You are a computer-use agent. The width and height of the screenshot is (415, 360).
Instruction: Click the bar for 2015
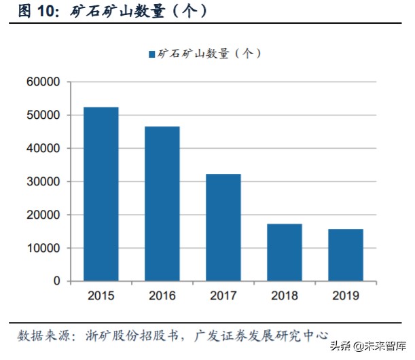[101, 194]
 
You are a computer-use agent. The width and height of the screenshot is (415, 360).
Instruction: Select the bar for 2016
[162, 204]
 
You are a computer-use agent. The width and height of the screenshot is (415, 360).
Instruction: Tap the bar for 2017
[223, 228]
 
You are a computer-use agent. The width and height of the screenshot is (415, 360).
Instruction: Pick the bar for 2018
[284, 253]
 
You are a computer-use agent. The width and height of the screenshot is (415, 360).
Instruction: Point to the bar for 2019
[345, 255]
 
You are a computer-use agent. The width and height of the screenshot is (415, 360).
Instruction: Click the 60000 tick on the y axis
[43, 82]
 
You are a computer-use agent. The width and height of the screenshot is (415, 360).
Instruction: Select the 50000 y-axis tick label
[43, 115]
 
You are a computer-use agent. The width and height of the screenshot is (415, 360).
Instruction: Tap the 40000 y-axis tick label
[43, 149]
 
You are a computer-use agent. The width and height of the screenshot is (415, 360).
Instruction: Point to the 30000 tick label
[43, 182]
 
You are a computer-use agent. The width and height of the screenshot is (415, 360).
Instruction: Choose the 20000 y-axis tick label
[43, 215]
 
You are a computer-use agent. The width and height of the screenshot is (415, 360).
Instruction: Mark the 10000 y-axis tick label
[43, 249]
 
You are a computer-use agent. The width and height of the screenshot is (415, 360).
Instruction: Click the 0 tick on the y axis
[57, 281]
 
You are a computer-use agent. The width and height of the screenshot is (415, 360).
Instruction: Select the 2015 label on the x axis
[101, 295]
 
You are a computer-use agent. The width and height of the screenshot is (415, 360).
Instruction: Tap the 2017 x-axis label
[223, 295]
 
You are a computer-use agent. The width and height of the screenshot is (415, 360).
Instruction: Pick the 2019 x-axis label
[345, 295]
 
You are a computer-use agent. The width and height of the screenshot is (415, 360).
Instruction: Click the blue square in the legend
[151, 54]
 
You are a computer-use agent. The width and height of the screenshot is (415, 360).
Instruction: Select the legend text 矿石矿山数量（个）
[209, 54]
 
